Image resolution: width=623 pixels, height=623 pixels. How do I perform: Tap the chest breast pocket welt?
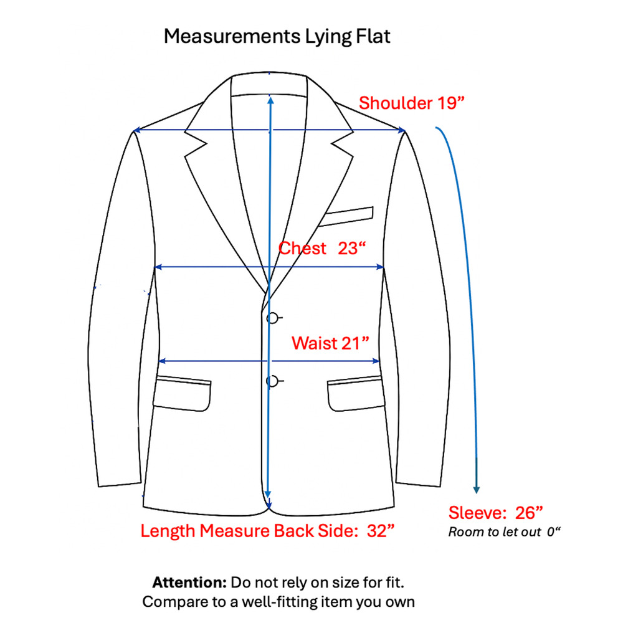(x=346, y=217)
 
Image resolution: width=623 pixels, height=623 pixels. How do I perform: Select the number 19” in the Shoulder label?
(x=450, y=103)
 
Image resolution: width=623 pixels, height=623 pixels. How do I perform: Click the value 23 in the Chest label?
(x=348, y=249)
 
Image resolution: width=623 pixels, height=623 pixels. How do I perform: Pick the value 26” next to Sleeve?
(x=529, y=513)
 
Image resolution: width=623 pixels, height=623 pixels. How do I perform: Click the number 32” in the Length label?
(x=380, y=531)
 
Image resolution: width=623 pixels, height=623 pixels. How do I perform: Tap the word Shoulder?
(x=396, y=103)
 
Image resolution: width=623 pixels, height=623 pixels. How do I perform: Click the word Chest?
(x=302, y=249)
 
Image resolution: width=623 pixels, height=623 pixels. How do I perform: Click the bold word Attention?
(x=189, y=583)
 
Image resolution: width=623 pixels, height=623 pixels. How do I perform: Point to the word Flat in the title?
(x=373, y=36)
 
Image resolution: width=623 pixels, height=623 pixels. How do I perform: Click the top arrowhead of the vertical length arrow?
(x=270, y=100)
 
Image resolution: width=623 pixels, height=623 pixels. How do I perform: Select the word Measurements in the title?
(x=232, y=36)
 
